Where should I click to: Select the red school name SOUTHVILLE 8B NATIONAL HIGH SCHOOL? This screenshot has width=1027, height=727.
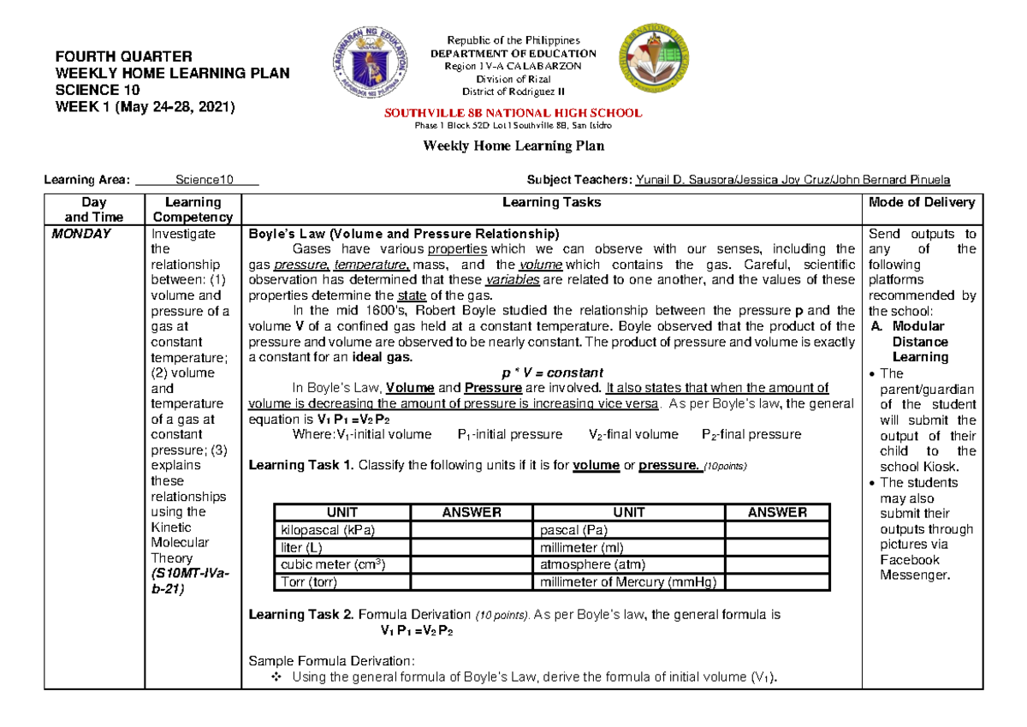tap(514, 113)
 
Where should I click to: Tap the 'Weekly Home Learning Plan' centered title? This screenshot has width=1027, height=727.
tap(514, 146)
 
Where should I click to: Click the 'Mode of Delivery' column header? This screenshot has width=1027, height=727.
tap(921, 203)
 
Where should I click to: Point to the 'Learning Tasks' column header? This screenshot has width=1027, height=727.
tap(551, 203)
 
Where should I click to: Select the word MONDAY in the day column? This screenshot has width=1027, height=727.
tap(81, 234)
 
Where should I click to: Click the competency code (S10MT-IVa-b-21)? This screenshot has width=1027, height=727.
tap(183, 581)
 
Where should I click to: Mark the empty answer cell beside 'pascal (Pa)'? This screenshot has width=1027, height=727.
tap(777, 530)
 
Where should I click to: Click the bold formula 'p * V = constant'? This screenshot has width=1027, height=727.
tap(551, 373)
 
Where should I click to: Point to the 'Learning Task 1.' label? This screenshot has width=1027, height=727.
tap(300, 466)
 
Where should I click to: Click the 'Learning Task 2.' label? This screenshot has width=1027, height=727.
tap(300, 615)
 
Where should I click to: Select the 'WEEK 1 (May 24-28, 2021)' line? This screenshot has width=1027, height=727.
tap(138, 106)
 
